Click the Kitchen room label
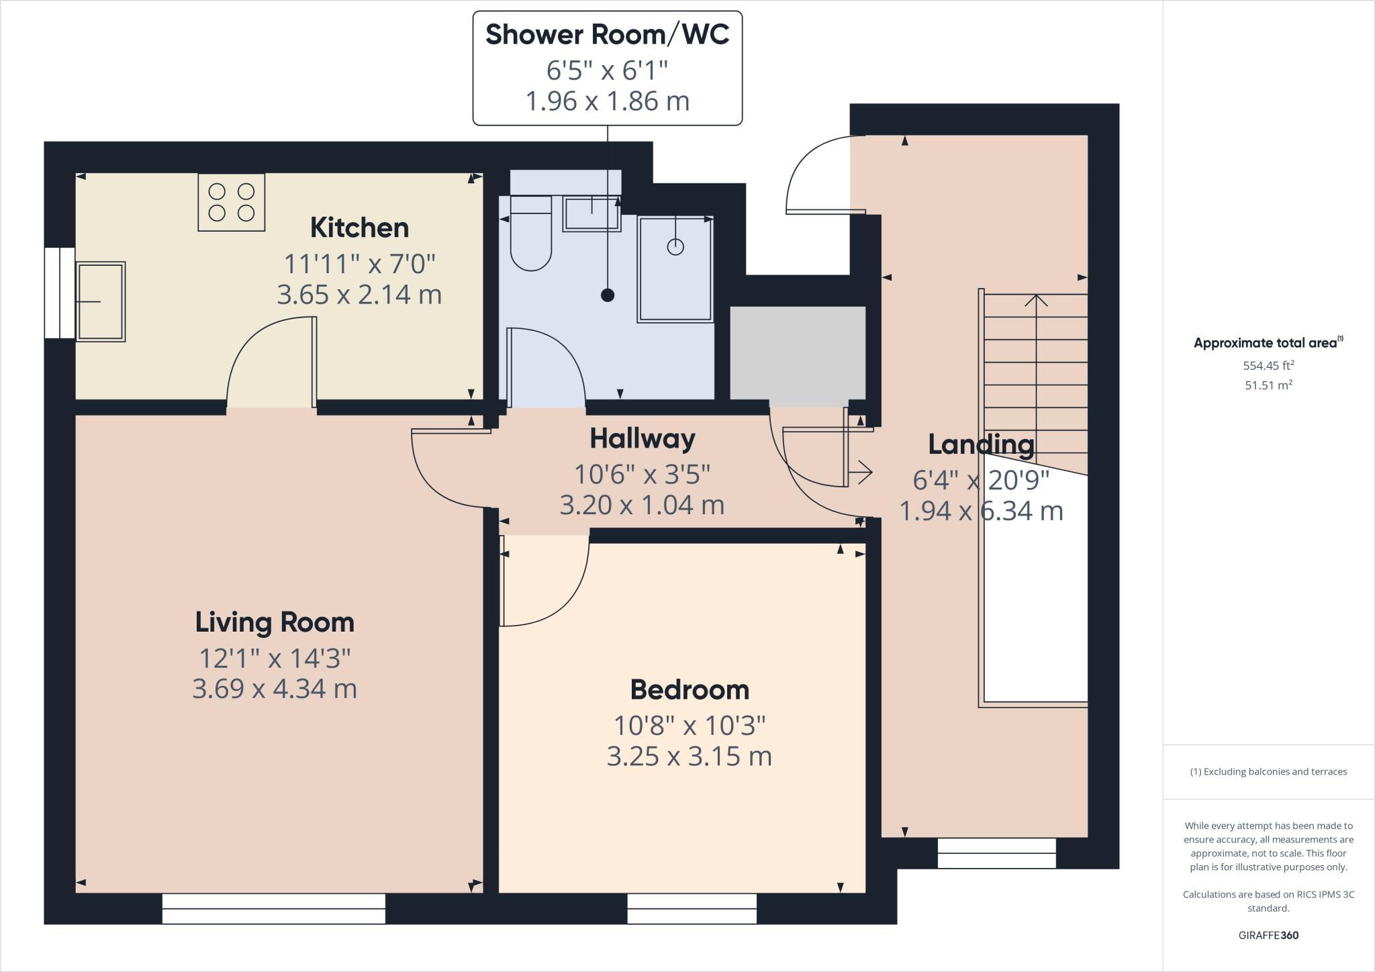tap(359, 228)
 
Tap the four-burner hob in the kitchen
tap(231, 202)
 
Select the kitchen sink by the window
tap(101, 301)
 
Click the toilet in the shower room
tap(531, 235)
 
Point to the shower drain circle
tap(675, 246)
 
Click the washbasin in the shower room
tap(591, 214)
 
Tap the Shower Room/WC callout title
tap(607, 35)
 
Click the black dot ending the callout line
tap(608, 295)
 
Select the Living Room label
tap(275, 622)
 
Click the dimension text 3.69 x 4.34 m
tap(275, 689)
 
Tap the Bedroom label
tap(690, 690)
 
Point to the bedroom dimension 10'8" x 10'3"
tap(690, 725)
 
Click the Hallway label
tap(643, 439)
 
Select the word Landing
tap(981, 444)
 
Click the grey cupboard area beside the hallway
tap(798, 354)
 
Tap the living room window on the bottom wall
tap(274, 908)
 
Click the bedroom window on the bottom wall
tap(692, 908)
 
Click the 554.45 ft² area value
tap(1268, 366)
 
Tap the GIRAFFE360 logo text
tap(1268, 935)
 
